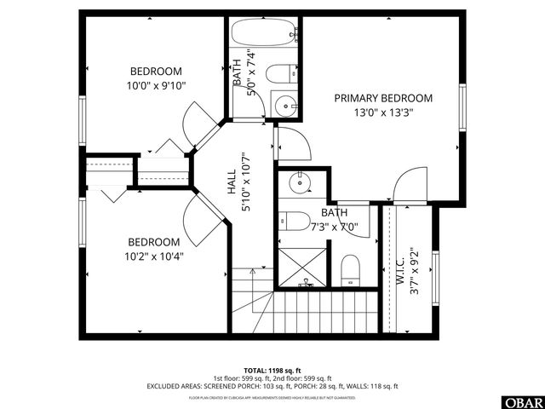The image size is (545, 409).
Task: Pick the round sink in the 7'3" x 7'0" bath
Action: [300, 182]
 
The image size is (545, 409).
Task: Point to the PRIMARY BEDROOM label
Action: [382, 98]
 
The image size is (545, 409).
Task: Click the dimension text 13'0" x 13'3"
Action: [382, 112]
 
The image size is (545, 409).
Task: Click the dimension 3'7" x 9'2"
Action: [415, 271]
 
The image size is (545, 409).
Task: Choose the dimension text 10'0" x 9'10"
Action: [156, 84]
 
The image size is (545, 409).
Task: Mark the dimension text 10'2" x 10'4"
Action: [154, 255]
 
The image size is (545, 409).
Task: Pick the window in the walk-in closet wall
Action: [434, 274]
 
